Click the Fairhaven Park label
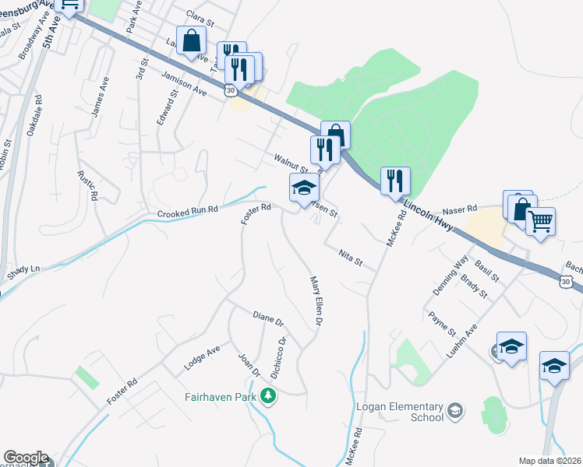click(x=222, y=396)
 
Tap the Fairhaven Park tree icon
click(x=269, y=396)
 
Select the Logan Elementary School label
click(x=398, y=412)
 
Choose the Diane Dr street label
click(x=268, y=318)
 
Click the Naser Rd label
click(x=459, y=210)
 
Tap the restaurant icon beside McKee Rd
click(x=395, y=181)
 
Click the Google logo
click(x=26, y=458)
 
